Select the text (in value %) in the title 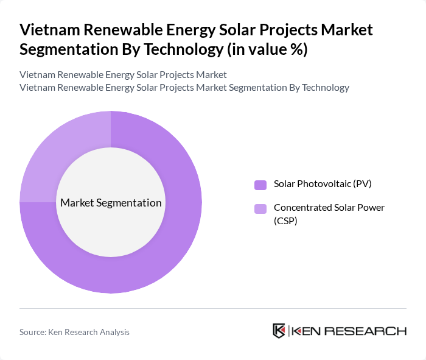tap(267, 49)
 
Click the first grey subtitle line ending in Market tap(123, 74)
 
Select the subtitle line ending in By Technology tap(184, 87)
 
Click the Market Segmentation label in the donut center tap(111, 203)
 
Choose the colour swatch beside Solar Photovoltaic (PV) tap(260, 185)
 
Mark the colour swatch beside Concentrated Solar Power tap(260, 209)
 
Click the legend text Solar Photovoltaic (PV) tap(323, 184)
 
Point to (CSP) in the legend tap(285, 221)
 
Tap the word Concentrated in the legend tap(302, 208)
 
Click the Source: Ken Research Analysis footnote tap(74, 332)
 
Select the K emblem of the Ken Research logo tap(279, 331)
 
